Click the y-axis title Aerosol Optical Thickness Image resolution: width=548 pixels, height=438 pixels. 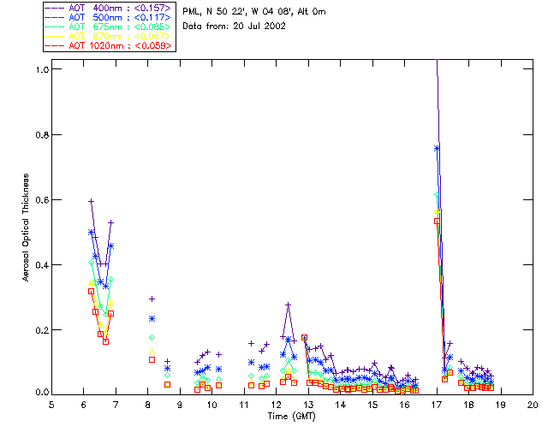pyautogui.click(x=27, y=229)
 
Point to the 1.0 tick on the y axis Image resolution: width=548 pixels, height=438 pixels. pyautogui.click(x=42, y=69)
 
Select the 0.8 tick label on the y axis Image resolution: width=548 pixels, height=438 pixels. pyautogui.click(x=42, y=134)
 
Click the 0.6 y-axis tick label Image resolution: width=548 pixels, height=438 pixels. pyautogui.click(x=42, y=199)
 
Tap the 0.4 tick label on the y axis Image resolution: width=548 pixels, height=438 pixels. pyautogui.click(x=42, y=264)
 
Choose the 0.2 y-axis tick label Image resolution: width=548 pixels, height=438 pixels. pyautogui.click(x=42, y=329)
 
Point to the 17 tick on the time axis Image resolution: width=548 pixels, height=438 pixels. pyautogui.click(x=437, y=405)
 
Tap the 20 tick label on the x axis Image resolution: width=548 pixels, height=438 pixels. pyautogui.click(x=533, y=405)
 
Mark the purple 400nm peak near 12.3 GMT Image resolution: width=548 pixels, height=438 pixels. pyautogui.click(x=289, y=305)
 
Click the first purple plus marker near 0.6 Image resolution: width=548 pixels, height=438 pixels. pyautogui.click(x=91, y=201)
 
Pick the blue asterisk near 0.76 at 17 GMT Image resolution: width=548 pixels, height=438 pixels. pyautogui.click(x=437, y=148)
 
